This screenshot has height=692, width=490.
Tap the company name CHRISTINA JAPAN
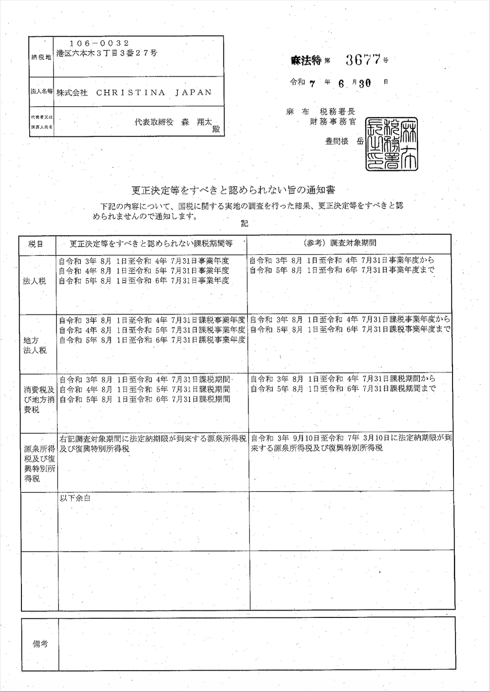[x=134, y=92]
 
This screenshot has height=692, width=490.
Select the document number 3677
[x=363, y=60]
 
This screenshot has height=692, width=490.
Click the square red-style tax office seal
[x=392, y=144]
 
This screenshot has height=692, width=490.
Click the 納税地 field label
[x=41, y=57]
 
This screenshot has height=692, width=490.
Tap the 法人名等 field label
[x=41, y=91]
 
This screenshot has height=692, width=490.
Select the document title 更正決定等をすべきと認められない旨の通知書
[x=234, y=190]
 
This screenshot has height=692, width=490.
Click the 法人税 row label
[x=35, y=281]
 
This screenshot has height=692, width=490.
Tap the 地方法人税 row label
[x=35, y=345]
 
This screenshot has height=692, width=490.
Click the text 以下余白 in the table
[x=75, y=498]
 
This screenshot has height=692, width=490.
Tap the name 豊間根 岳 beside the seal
[x=344, y=142]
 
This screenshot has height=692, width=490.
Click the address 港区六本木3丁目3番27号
[x=107, y=53]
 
